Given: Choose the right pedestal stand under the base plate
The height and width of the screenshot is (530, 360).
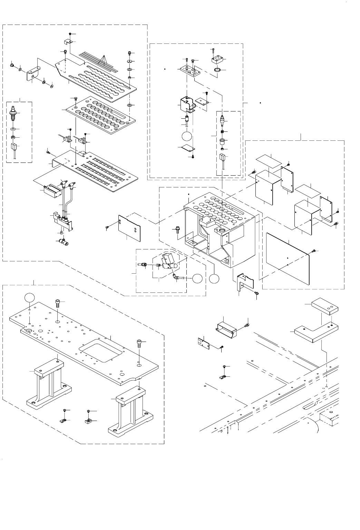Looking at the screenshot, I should click(x=131, y=411).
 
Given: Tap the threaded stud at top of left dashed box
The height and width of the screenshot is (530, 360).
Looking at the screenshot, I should click(x=13, y=111).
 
